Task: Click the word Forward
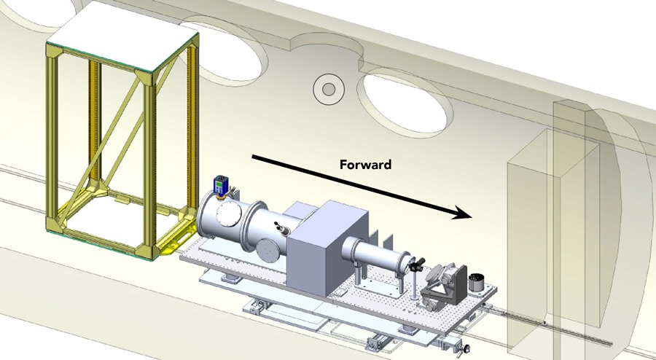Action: coord(365,164)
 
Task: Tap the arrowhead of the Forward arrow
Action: coord(461,214)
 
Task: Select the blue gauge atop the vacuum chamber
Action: coord(219,184)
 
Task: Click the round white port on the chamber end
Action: coord(229,214)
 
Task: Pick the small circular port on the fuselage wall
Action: coord(329,89)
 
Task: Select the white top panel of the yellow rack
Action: coord(123,36)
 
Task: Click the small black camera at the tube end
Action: coord(416,265)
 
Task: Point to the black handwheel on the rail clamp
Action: coord(466,348)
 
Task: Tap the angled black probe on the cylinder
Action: coord(279,228)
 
